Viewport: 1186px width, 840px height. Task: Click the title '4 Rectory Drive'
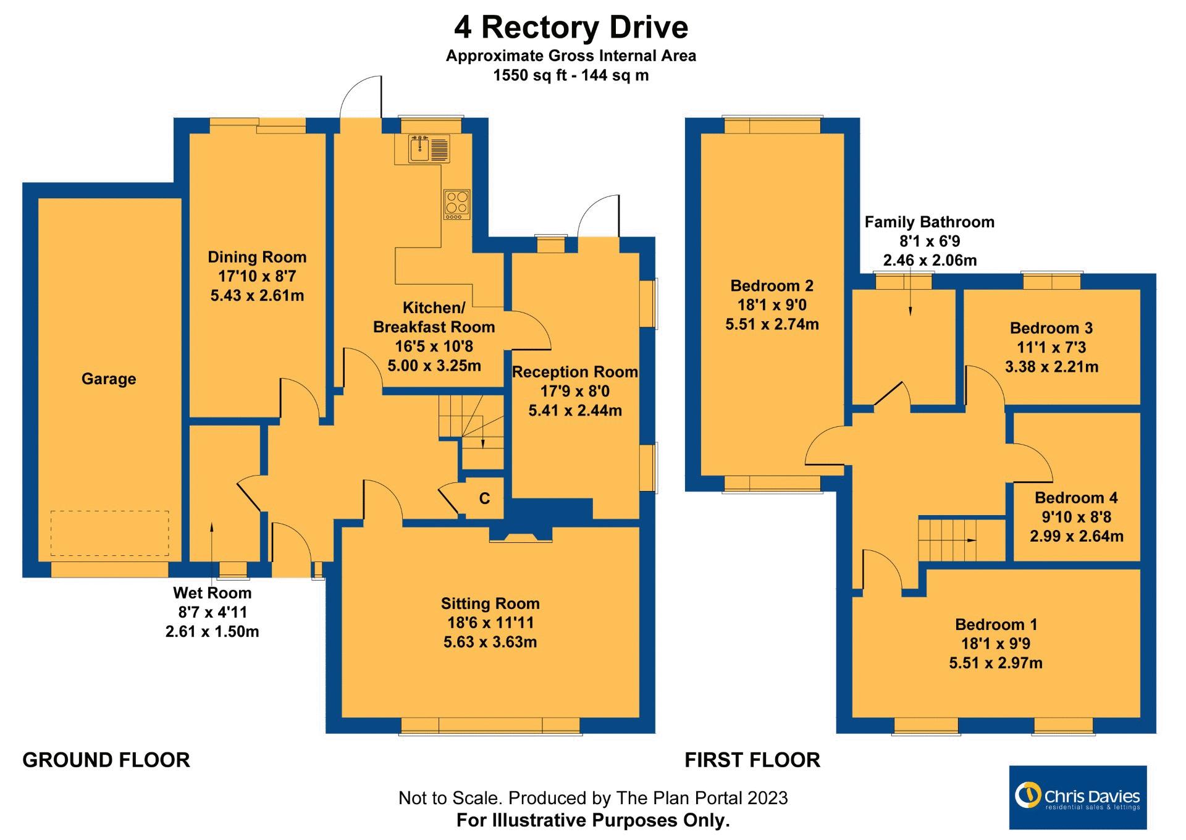[x=571, y=28]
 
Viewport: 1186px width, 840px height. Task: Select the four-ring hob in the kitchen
[x=456, y=204]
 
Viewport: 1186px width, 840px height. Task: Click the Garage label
[x=109, y=379]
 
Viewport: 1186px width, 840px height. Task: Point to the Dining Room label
[x=257, y=257]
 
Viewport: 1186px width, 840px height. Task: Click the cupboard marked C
[x=484, y=498]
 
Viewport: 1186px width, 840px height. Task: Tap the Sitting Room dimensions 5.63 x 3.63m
[x=490, y=642]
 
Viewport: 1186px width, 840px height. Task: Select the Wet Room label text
[x=212, y=593]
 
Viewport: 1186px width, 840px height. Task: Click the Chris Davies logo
[x=1077, y=797]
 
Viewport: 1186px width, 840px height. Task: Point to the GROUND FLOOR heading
[x=106, y=760]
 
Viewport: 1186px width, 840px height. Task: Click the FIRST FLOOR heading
[x=752, y=760]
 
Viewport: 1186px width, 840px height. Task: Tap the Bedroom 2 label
[x=772, y=286]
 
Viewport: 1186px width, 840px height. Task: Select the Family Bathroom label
[x=929, y=222]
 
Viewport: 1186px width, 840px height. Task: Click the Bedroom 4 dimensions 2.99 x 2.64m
[x=1076, y=536]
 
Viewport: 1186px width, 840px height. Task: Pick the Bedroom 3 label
[x=1051, y=328]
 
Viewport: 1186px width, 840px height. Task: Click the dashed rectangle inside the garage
[x=109, y=533]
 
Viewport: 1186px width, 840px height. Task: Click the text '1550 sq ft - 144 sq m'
[x=571, y=75]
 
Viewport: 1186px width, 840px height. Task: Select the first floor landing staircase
[x=948, y=539]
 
